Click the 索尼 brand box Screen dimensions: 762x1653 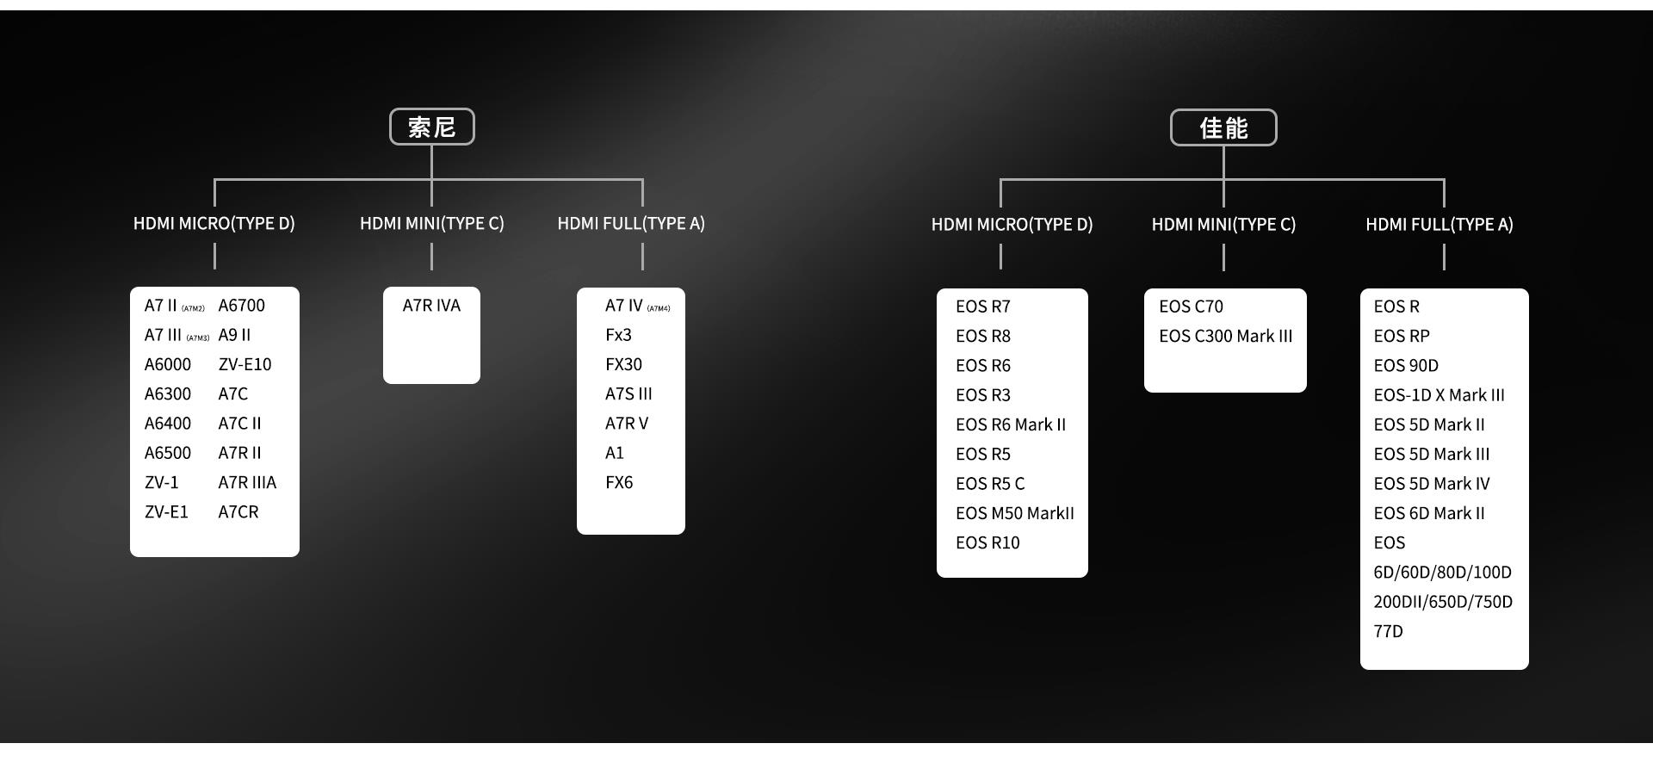[431, 127]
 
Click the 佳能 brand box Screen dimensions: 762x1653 [1223, 128]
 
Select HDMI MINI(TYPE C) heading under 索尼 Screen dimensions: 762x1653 [431, 224]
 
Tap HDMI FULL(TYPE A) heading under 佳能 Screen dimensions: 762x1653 [1439, 225]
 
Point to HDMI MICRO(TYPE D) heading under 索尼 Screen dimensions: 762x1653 [214, 224]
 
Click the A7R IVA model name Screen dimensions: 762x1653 [431, 306]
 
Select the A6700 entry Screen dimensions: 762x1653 [241, 306]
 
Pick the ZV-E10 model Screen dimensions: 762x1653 [245, 364]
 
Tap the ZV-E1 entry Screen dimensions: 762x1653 [166, 512]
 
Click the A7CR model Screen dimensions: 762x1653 [238, 512]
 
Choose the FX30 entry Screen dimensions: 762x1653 [623, 364]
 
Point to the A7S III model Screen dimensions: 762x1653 [628, 394]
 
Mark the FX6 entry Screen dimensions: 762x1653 [619, 483]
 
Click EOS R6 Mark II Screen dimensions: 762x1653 [1010, 425]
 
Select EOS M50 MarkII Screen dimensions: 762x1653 [1014, 514]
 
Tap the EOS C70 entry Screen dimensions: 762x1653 [1191, 307]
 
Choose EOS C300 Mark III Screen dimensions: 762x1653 [1225, 337]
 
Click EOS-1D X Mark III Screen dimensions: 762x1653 [1439, 395]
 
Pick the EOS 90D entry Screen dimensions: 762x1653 [1406, 366]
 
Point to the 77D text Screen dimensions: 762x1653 [1388, 632]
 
